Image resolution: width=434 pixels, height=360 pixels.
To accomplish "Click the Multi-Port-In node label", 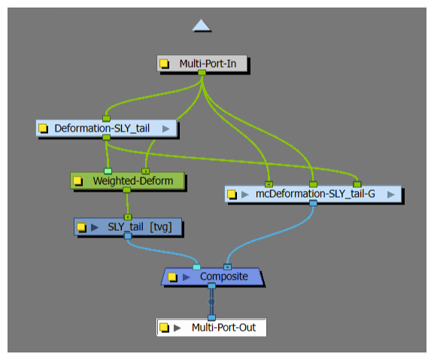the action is click(208, 64).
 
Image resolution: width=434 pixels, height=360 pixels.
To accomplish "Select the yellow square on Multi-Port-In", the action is click(164, 64).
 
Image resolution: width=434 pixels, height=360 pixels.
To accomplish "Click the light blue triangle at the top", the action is click(202, 25).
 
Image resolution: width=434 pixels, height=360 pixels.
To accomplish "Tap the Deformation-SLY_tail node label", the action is click(102, 129).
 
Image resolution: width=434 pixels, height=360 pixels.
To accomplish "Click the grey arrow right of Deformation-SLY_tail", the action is click(165, 129).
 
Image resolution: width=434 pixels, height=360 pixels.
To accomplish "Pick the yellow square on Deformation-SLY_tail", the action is click(43, 128).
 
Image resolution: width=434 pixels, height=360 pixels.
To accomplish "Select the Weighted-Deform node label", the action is click(133, 181).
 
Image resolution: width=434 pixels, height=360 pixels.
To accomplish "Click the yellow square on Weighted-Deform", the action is click(77, 181).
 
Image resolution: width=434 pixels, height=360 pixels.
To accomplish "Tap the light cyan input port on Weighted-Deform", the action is click(108, 171).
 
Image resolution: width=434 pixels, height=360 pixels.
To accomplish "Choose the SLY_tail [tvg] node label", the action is click(140, 227).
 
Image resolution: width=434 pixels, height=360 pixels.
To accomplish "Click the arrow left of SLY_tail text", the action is click(95, 227).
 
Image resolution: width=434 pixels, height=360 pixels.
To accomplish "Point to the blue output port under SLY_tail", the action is click(128, 236).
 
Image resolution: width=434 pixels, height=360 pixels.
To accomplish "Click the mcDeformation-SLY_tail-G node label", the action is click(315, 194).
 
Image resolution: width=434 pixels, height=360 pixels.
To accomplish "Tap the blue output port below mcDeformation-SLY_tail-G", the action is click(313, 204).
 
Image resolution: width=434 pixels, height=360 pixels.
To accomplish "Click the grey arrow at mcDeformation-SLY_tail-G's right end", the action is click(391, 195).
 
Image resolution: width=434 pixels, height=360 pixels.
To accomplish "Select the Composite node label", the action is click(224, 277).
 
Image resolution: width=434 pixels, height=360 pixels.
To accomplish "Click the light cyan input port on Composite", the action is click(196, 267).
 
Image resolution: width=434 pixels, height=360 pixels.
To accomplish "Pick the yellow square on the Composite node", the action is click(172, 277).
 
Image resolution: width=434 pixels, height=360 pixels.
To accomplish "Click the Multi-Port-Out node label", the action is click(223, 328).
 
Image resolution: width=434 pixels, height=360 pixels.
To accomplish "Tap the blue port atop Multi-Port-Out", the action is click(211, 318).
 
